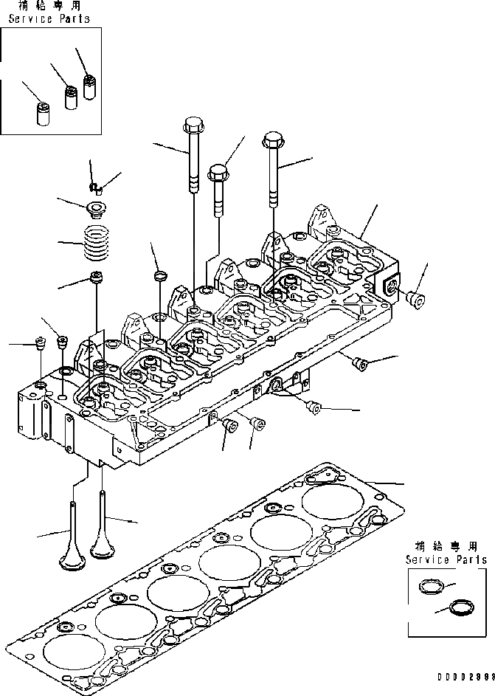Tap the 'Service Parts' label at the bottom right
446,560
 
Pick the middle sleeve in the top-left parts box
71,97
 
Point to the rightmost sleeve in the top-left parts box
89,85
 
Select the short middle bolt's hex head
218,173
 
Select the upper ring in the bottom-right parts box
429,588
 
